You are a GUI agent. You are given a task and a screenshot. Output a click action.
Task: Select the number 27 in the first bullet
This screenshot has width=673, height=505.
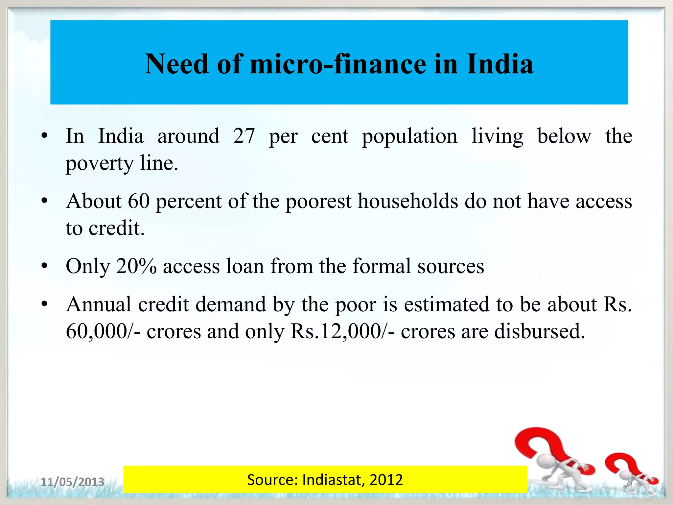[244, 136]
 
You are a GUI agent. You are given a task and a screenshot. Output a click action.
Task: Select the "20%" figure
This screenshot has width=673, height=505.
[136, 266]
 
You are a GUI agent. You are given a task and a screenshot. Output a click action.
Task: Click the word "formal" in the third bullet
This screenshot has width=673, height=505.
[382, 266]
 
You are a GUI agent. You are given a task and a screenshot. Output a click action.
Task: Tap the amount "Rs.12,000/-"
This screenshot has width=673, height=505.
[342, 331]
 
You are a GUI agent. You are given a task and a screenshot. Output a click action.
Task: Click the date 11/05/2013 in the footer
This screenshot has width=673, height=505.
[72, 482]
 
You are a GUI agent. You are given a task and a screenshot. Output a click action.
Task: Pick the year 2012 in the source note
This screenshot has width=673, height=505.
[386, 480]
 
